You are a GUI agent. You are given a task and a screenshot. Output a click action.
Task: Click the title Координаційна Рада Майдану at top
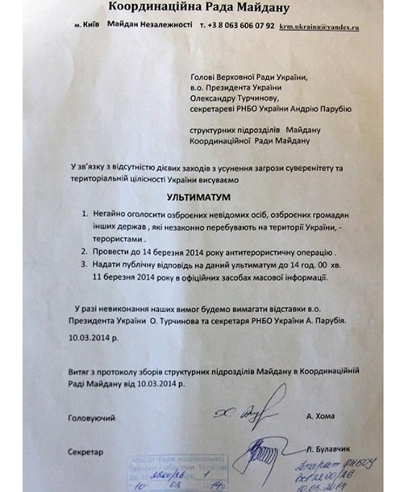[x=201, y=9]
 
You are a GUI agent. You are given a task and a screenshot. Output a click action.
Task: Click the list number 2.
[x=85, y=252]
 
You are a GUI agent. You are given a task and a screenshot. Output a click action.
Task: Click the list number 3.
[x=85, y=265]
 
